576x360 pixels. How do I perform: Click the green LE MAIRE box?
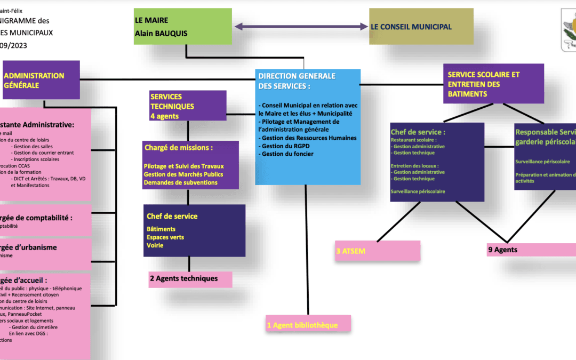[183, 26]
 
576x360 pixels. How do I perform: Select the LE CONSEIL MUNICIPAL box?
[421, 27]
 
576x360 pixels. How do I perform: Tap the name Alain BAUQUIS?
[161, 34]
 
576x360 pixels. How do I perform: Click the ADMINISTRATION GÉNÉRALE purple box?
[41, 79]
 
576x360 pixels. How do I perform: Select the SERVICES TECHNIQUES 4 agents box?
[188, 106]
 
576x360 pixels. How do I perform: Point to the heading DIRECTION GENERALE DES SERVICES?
[297, 81]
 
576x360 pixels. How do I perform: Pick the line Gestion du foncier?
[287, 154]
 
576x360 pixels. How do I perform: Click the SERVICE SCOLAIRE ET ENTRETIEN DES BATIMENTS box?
[493, 84]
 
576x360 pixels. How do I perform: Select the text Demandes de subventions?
[180, 182]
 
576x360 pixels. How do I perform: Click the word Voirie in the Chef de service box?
[155, 245]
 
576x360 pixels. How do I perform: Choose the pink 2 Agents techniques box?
[190, 279]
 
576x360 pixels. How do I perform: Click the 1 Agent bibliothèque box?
[309, 324]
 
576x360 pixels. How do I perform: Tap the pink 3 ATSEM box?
[378, 250]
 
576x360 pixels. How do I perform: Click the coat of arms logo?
[569, 30]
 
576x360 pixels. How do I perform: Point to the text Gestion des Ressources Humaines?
[308, 138]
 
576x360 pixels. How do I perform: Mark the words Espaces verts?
[166, 237]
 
